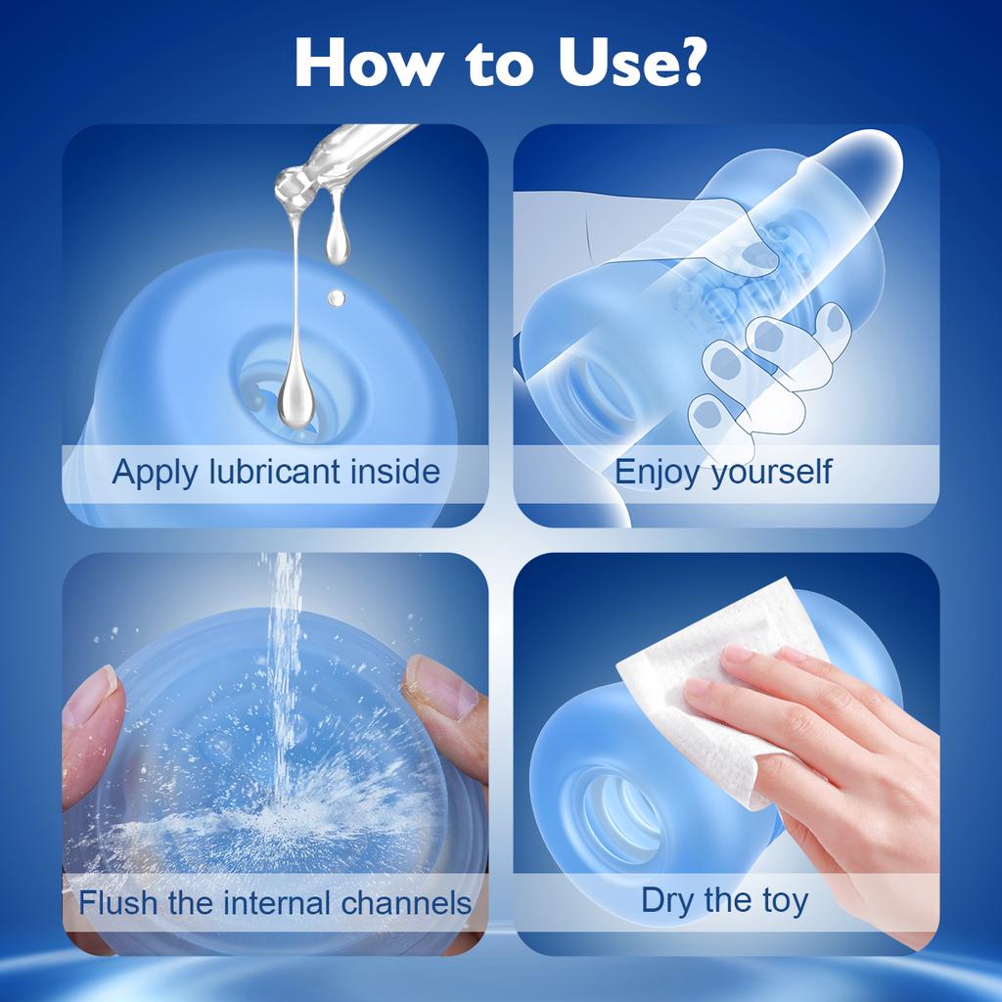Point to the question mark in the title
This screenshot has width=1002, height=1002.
(x=688, y=62)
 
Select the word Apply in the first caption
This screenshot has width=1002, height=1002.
(x=154, y=473)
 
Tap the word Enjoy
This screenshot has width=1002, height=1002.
(x=658, y=473)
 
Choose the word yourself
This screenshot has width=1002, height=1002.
(x=772, y=473)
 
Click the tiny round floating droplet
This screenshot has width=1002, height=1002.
(x=336, y=296)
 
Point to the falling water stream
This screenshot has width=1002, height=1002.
(x=286, y=665)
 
